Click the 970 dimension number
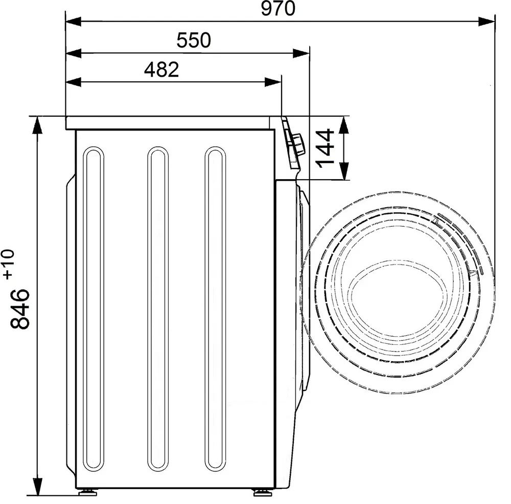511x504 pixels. click(278, 9)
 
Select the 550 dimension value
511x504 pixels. click(194, 40)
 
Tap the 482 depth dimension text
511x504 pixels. click(161, 70)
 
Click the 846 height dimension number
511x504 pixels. click(20, 309)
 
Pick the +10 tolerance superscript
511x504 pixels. click(9, 264)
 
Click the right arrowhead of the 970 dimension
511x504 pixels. click(486, 22)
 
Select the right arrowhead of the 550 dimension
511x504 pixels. click(301, 53)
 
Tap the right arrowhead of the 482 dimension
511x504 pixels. click(273, 82)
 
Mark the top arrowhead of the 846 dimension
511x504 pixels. click(37, 125)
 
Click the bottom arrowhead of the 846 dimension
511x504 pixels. click(37, 487)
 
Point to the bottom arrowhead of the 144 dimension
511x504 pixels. click(344, 171)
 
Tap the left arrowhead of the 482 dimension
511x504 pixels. click(74, 82)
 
